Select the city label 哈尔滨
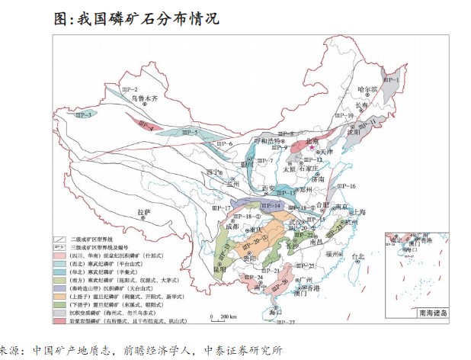point(368,89)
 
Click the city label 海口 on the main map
point(277,313)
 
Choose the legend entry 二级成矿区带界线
point(95,239)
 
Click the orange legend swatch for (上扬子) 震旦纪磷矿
point(59,295)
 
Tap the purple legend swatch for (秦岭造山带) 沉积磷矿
point(59,288)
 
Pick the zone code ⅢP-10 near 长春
point(347,115)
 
